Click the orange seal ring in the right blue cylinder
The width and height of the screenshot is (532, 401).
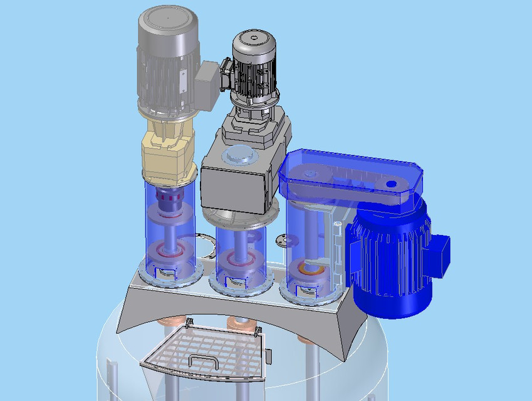tap(311, 269)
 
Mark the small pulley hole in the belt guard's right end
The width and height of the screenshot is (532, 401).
tap(392, 184)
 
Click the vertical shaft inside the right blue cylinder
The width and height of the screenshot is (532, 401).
tap(310, 232)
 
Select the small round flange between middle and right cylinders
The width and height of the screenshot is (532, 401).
tap(281, 239)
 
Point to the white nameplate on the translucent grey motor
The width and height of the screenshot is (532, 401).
tap(183, 78)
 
